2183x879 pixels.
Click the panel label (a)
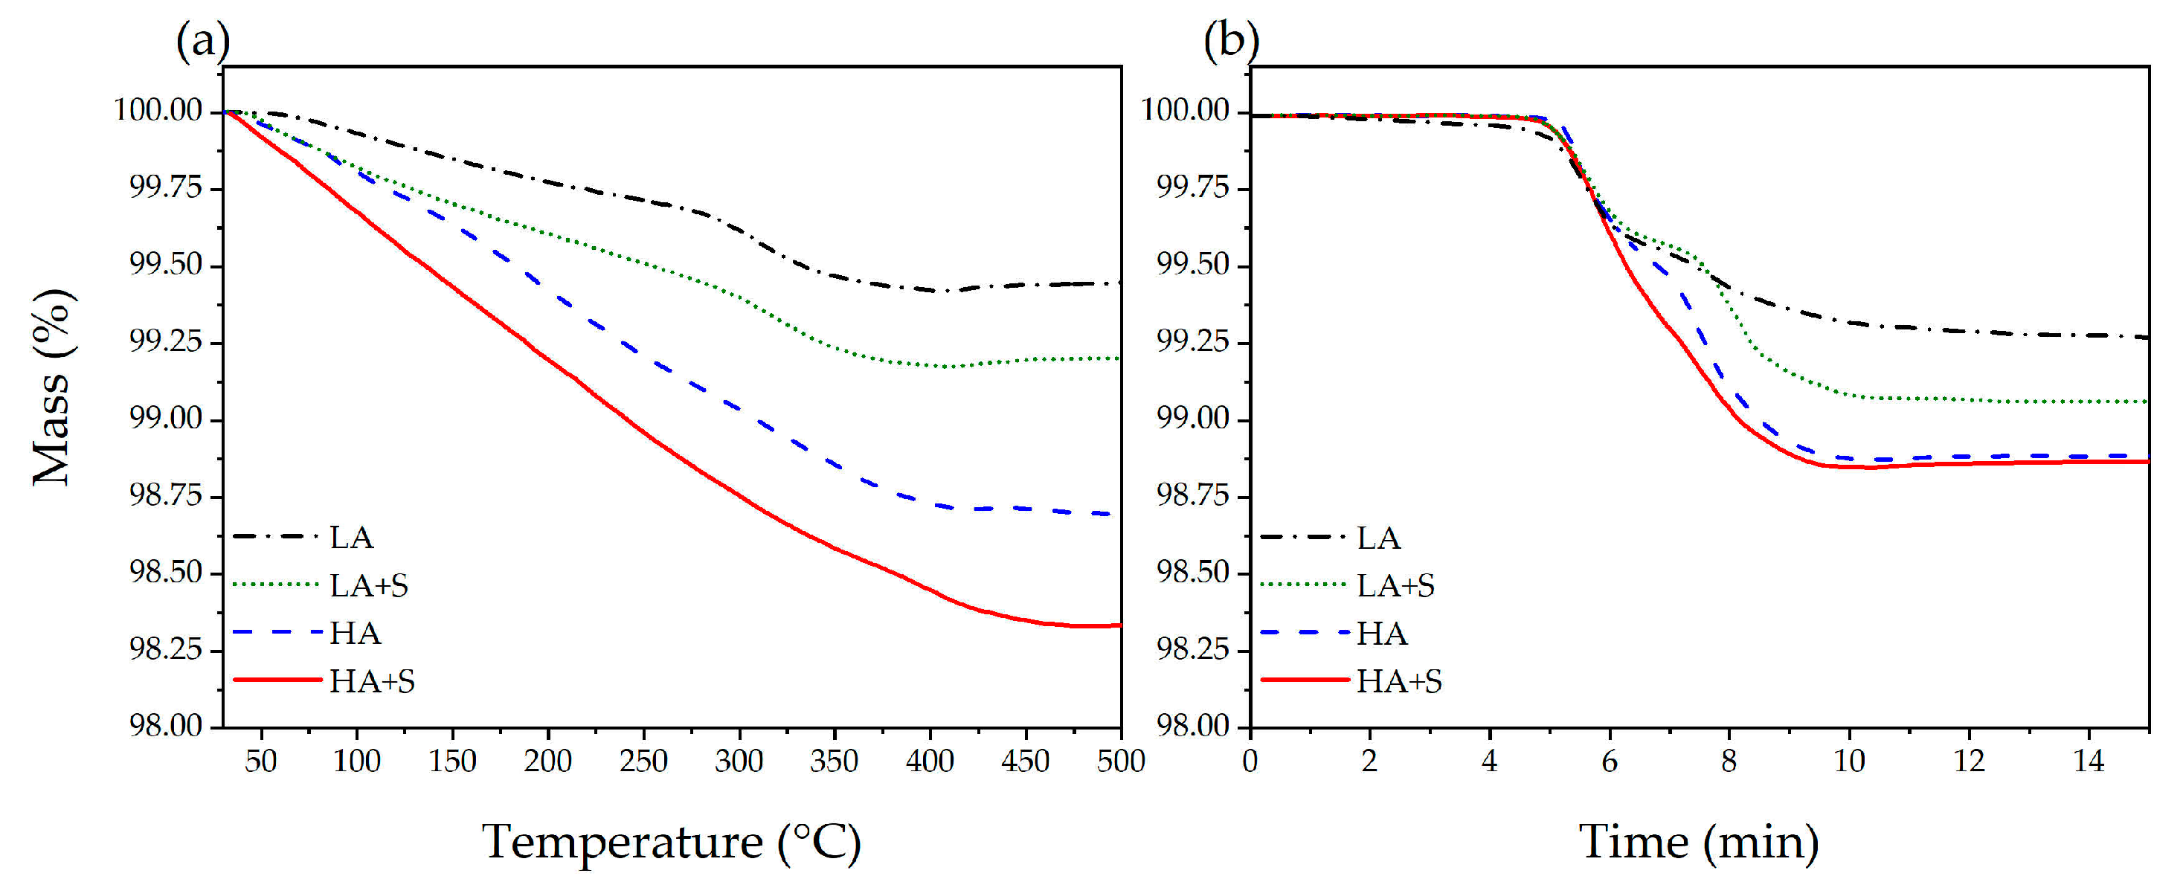click(202, 40)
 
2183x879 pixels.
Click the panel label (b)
click(1230, 40)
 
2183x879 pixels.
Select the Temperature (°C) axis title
click(671, 842)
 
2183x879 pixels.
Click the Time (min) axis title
click(1698, 842)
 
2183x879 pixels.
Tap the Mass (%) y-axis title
click(53, 387)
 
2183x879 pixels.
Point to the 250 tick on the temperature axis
click(643, 760)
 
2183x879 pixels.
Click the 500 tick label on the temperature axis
click(1120, 760)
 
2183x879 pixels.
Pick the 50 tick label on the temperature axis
click(261, 760)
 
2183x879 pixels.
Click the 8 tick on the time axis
click(1729, 760)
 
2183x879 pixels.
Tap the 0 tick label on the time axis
click(1250, 760)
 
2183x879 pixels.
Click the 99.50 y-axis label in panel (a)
click(165, 265)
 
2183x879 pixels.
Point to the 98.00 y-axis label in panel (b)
click(1192, 726)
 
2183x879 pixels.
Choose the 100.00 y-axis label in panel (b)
click(1186, 110)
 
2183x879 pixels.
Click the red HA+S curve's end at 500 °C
click(1118, 625)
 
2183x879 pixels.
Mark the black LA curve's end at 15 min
click(2146, 338)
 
